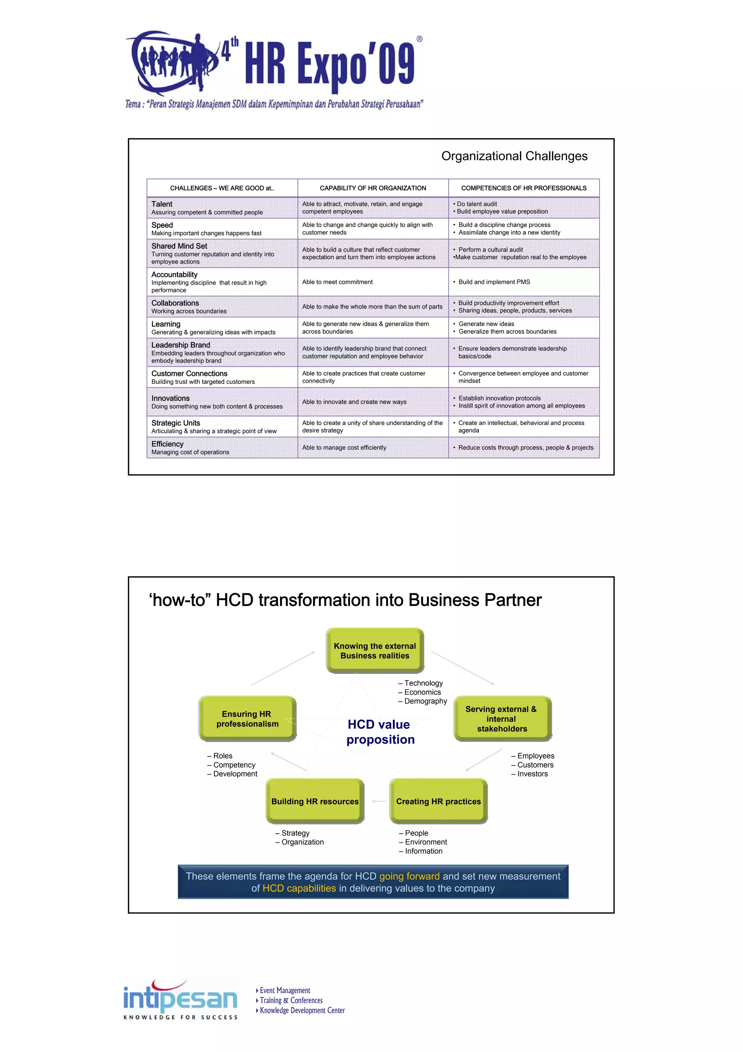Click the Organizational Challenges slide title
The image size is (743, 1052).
(x=514, y=156)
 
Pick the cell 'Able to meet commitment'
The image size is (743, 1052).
(x=337, y=282)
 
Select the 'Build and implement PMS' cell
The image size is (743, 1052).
(x=494, y=282)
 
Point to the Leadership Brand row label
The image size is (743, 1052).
(x=181, y=345)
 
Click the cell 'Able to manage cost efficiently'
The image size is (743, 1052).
(x=344, y=448)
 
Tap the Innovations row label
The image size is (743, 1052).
(x=170, y=398)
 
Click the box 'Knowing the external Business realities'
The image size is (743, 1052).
(x=375, y=651)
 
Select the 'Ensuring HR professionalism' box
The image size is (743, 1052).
(x=247, y=718)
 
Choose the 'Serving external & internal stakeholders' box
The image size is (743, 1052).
(x=502, y=718)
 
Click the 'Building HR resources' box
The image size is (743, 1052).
(x=315, y=801)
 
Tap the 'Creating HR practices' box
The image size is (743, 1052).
(x=439, y=801)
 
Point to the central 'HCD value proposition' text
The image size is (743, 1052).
(x=380, y=732)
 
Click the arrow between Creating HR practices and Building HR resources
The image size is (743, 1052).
(x=379, y=801)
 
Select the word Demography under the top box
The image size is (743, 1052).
(x=425, y=701)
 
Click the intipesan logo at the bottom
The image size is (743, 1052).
(x=180, y=999)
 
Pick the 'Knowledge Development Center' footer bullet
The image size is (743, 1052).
(x=302, y=1010)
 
